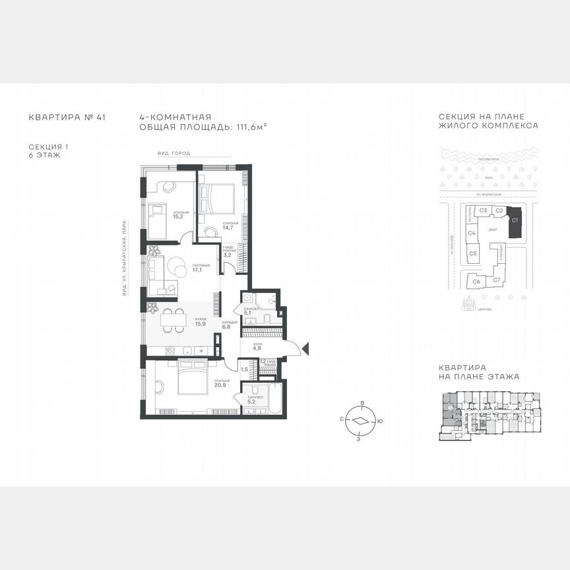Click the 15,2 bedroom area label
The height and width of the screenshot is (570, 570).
[177, 216]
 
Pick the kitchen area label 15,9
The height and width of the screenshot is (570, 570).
[200, 324]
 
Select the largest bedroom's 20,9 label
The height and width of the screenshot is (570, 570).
[222, 385]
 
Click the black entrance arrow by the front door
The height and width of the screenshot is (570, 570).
[305, 348]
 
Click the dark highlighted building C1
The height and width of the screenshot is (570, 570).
[515, 223]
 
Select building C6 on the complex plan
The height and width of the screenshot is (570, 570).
[476, 282]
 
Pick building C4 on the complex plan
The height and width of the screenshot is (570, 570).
[472, 233]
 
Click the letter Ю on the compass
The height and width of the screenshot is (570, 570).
[380, 420]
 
